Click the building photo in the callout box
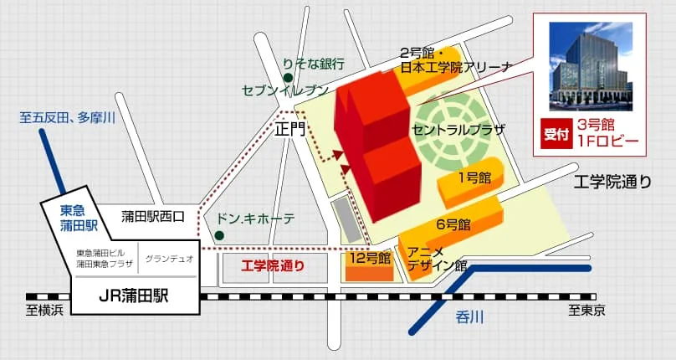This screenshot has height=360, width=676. [x=590, y=66]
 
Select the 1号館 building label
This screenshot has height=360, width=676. [x=474, y=177]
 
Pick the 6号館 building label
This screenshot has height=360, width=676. [x=453, y=224]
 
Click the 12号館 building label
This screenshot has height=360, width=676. [x=370, y=257]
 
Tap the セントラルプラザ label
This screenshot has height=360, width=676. [x=458, y=131]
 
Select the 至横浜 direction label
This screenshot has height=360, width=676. [x=44, y=311]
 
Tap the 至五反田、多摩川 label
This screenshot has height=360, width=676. [x=67, y=118]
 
